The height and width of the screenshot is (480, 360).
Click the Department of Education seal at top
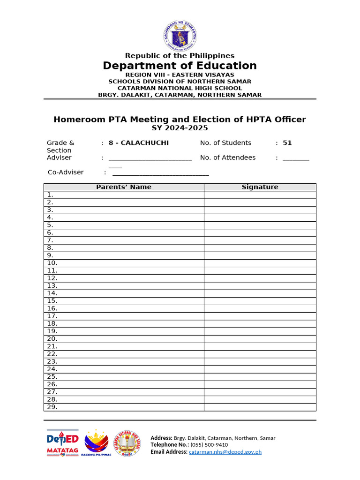180,35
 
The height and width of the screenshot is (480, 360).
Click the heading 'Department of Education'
180,66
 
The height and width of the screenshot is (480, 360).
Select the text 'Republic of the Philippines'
180,56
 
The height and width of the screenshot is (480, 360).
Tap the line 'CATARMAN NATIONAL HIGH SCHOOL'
180,88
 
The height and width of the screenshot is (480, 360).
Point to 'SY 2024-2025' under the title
180,128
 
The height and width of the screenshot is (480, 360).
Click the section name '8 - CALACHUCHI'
139,143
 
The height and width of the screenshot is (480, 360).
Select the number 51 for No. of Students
287,143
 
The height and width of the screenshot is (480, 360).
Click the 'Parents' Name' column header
124,187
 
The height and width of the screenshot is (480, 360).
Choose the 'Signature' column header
260,187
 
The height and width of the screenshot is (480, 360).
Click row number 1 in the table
50,195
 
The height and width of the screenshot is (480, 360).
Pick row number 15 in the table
52,301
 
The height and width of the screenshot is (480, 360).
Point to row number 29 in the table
52,407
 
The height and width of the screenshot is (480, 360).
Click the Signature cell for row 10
260,263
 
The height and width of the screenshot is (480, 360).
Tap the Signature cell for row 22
260,354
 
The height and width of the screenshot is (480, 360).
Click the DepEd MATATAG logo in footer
62,443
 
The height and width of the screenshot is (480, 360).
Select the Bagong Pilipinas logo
96,443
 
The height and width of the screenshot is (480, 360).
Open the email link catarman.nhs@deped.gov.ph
225,452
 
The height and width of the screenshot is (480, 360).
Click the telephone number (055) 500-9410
209,445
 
